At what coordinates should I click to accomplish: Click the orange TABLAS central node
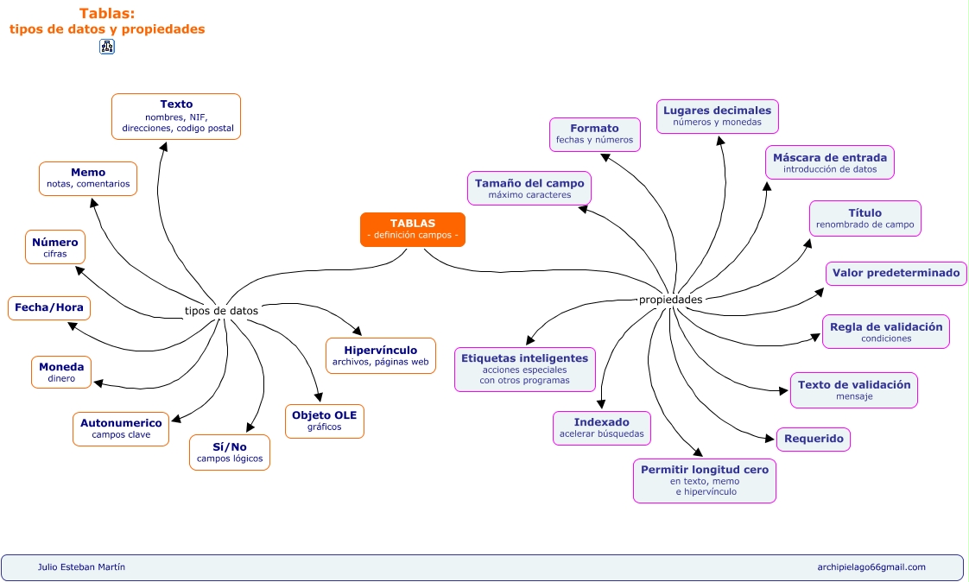(412, 230)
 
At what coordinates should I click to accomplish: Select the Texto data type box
(176, 117)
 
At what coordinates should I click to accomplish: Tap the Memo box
(88, 178)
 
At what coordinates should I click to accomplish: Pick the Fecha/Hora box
(49, 307)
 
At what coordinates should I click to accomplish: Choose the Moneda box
(61, 372)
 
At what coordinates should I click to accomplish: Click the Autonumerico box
(121, 428)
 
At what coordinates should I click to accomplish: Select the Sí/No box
(230, 452)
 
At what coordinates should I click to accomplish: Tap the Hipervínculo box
(381, 355)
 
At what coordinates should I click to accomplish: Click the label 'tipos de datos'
(221, 311)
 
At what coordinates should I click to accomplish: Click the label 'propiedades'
(670, 300)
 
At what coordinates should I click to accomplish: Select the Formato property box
(594, 134)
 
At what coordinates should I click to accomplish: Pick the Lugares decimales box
(717, 116)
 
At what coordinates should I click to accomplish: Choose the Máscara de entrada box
(829, 162)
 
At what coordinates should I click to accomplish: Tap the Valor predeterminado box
(896, 273)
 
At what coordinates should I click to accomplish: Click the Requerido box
(814, 439)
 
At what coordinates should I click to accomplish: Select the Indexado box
(601, 427)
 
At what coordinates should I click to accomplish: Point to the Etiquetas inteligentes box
(524, 369)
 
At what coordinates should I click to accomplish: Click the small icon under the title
(107, 47)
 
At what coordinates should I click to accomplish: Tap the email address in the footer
(871, 567)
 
